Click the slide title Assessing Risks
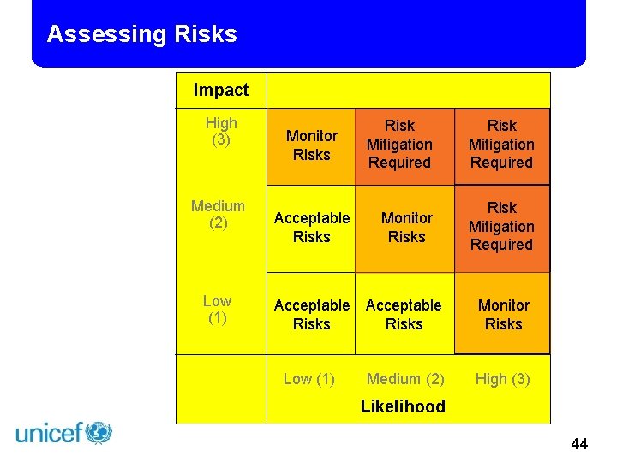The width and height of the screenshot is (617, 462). coord(141,34)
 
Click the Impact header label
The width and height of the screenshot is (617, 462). coord(221,90)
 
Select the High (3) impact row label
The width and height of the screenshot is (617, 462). coord(221,131)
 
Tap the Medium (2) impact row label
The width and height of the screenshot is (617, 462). coord(218,214)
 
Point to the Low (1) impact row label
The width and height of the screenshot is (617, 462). coord(217,309)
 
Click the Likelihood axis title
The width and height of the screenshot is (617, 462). coord(403,406)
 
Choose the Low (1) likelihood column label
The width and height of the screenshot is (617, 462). coord(308,378)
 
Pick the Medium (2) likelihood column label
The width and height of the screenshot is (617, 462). coord(405,378)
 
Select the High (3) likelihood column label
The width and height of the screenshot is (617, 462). coord(503,378)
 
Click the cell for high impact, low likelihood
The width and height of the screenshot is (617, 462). coord(311,145)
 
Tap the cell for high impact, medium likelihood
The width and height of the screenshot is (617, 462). coord(399,145)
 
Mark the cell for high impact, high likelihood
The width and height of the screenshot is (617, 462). coord(501,145)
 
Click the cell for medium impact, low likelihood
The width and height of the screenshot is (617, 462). coord(311,228)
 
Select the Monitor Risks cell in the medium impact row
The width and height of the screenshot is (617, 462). coord(406,228)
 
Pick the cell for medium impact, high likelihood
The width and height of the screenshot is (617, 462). coord(501,227)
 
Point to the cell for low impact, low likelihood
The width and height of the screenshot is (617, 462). coord(311,314)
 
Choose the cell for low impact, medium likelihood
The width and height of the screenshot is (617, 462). coord(404,314)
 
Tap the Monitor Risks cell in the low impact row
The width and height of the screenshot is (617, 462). coord(503,314)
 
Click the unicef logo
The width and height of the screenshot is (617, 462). coord(64,433)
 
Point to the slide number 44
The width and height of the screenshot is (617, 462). coord(579,443)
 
